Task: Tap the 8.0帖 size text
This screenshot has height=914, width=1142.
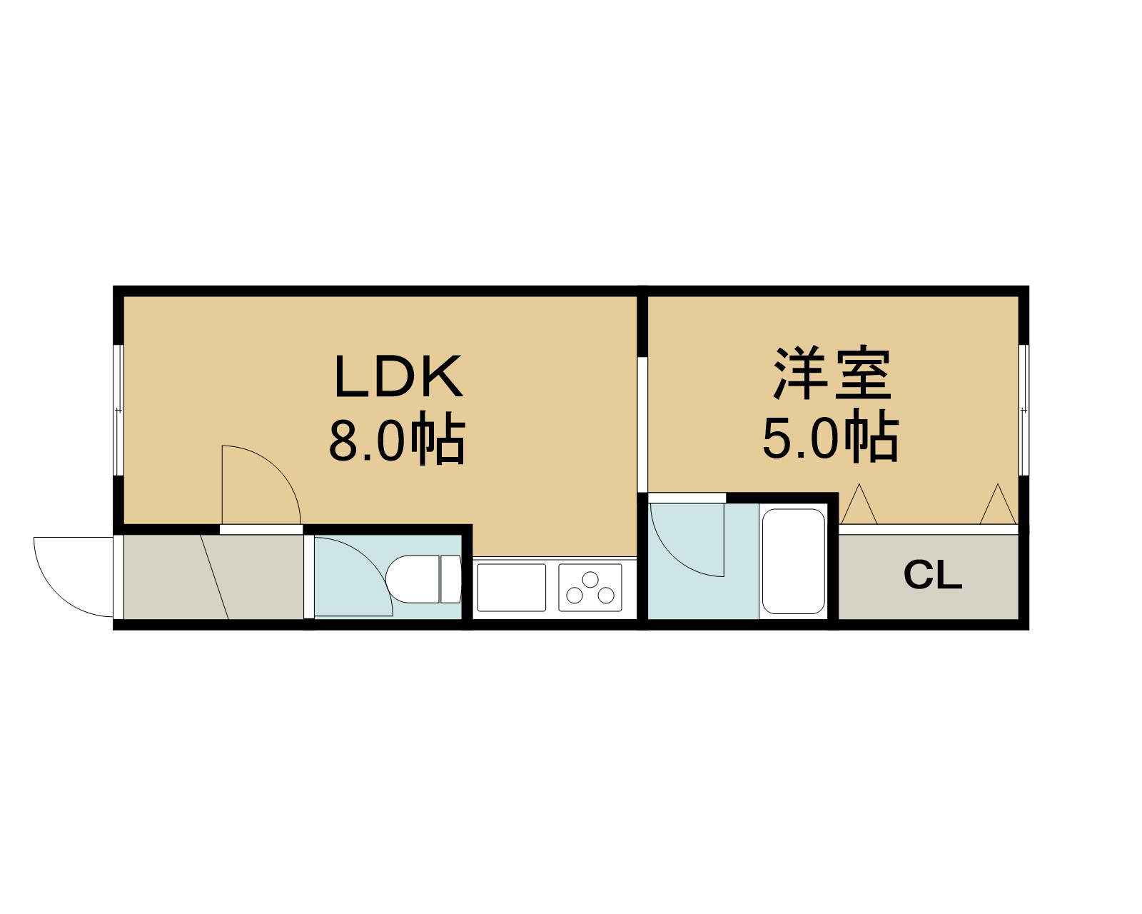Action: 397,438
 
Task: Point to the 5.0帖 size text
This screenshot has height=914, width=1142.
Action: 831,436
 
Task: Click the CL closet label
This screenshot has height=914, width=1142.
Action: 932,575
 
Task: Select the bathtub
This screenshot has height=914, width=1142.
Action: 794,561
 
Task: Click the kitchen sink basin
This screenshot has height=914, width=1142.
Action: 512,588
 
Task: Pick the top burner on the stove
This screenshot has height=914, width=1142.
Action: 590,579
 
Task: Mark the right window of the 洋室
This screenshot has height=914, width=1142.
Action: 1024,410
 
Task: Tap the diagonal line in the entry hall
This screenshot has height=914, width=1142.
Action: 214,577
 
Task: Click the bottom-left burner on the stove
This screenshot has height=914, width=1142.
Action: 575,596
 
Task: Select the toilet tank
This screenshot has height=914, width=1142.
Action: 450,579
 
